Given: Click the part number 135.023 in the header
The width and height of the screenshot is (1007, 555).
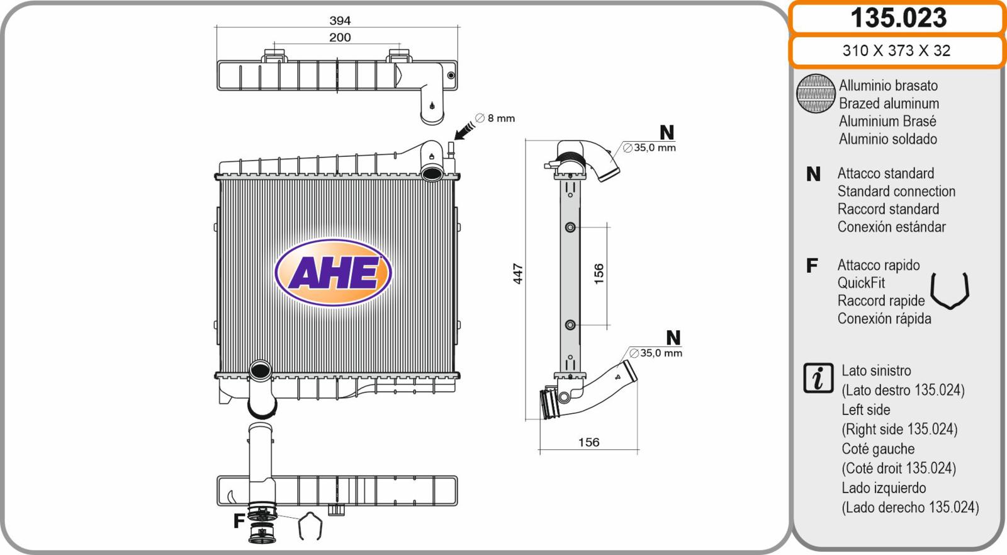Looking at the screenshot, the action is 898,18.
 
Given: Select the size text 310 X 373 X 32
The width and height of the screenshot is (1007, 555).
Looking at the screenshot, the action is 896,50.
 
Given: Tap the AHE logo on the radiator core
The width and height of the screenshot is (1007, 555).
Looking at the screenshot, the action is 333,273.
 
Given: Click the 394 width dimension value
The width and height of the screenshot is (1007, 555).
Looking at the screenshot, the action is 340,20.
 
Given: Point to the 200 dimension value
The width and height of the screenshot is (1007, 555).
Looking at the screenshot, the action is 340,37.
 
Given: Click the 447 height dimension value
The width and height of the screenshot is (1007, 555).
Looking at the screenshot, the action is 518,273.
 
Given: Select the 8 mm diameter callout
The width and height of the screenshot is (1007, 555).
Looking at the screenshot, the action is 495,118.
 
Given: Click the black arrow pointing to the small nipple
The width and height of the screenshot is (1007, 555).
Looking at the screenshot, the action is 464,131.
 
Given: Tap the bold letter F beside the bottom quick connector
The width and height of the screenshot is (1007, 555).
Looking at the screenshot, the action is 239,520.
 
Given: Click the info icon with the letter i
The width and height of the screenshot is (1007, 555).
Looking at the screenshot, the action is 818,377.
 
